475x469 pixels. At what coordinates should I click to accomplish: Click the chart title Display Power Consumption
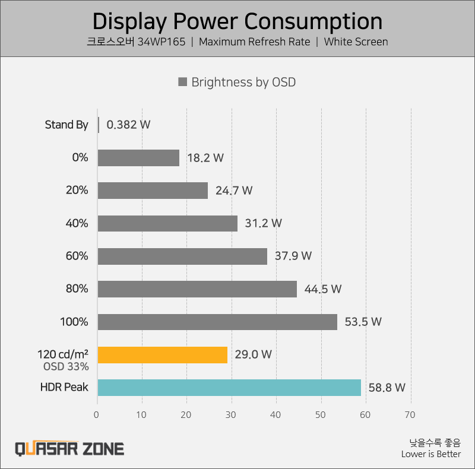[237, 21]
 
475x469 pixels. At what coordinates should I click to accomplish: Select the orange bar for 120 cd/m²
[162, 354]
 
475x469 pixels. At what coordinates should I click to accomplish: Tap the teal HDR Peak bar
[229, 388]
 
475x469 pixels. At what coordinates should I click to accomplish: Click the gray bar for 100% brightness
[217, 322]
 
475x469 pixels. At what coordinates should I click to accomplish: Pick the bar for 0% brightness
[138, 158]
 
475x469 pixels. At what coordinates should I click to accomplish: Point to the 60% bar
[182, 256]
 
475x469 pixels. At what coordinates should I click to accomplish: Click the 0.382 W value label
[128, 125]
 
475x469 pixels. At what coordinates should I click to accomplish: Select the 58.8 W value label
[387, 388]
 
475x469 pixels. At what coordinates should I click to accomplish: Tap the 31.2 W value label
[263, 223]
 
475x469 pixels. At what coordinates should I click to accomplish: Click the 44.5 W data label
[322, 289]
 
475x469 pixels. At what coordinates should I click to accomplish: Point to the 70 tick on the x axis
[410, 414]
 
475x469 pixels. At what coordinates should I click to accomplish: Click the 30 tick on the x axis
[231, 414]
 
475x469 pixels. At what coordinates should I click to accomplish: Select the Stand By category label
[66, 125]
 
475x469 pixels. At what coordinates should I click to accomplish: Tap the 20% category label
[77, 191]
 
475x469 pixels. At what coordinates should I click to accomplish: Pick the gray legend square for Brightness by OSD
[183, 82]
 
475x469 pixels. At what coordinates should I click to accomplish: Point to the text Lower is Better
[430, 454]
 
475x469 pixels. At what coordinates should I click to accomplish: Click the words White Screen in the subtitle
[356, 42]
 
